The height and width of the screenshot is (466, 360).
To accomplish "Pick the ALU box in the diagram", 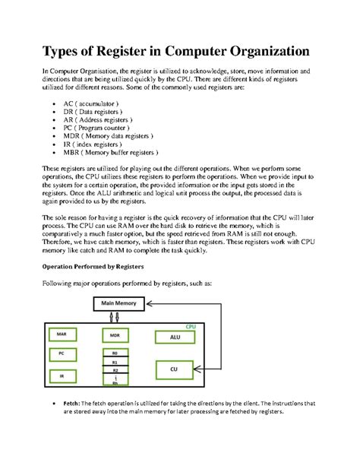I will (174, 335).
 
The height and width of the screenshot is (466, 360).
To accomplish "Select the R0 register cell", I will (115, 353).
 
